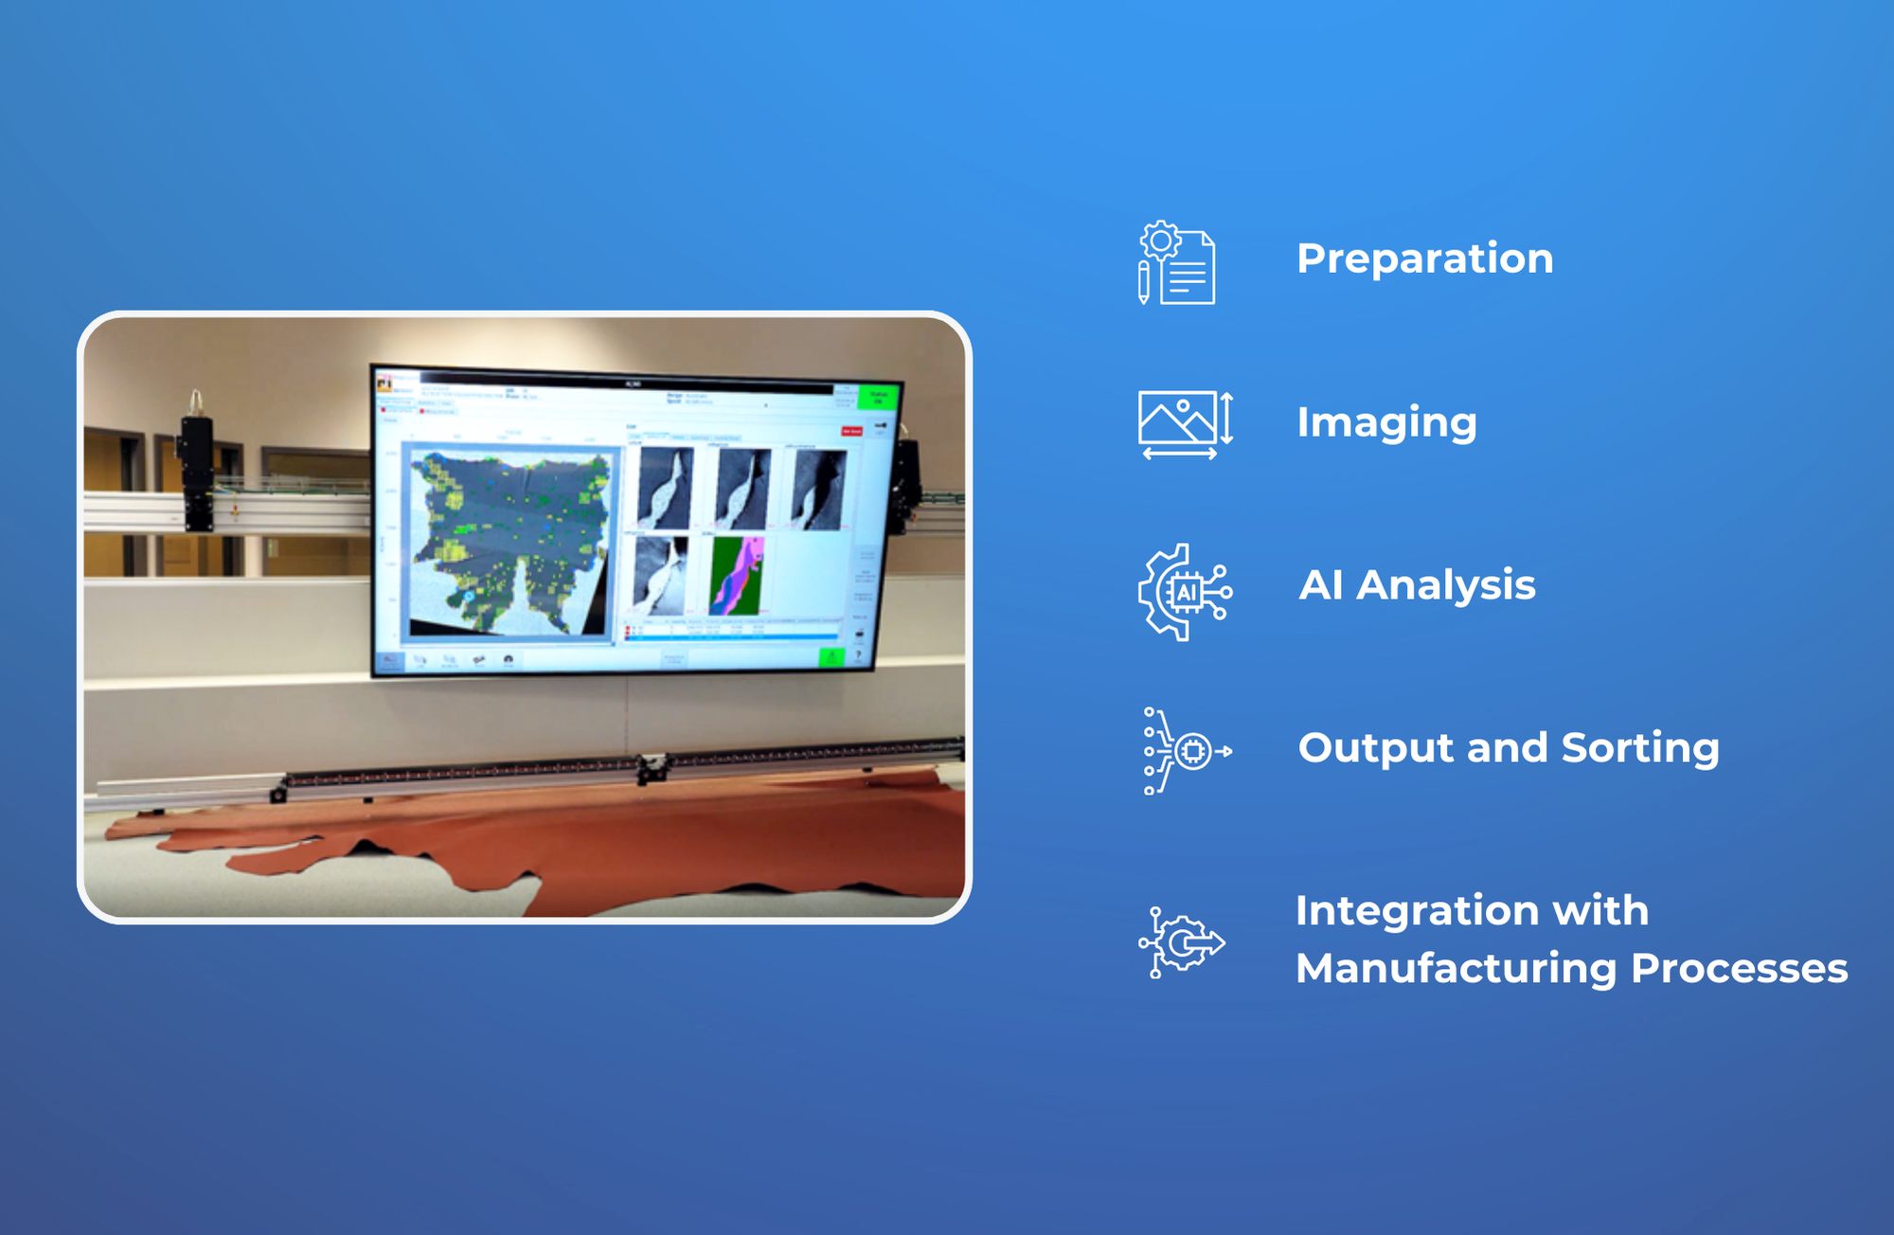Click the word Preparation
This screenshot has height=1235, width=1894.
pos(1424,259)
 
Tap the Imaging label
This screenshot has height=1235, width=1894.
pos(1386,422)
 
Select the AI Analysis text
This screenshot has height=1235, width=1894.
pos(1417,585)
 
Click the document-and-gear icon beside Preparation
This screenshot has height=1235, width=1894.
pos(1177,263)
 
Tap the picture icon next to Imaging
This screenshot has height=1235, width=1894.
pos(1184,424)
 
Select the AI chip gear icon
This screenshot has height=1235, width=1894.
pos(1184,592)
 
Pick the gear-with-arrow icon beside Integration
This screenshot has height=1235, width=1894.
pos(1182,942)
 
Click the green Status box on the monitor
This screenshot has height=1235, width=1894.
pos(878,397)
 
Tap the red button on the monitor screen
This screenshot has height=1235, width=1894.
pos(851,431)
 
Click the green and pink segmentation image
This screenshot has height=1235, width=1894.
pos(738,576)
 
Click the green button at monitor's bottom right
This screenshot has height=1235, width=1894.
pos(831,656)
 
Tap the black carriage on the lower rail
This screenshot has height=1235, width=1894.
pos(652,767)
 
